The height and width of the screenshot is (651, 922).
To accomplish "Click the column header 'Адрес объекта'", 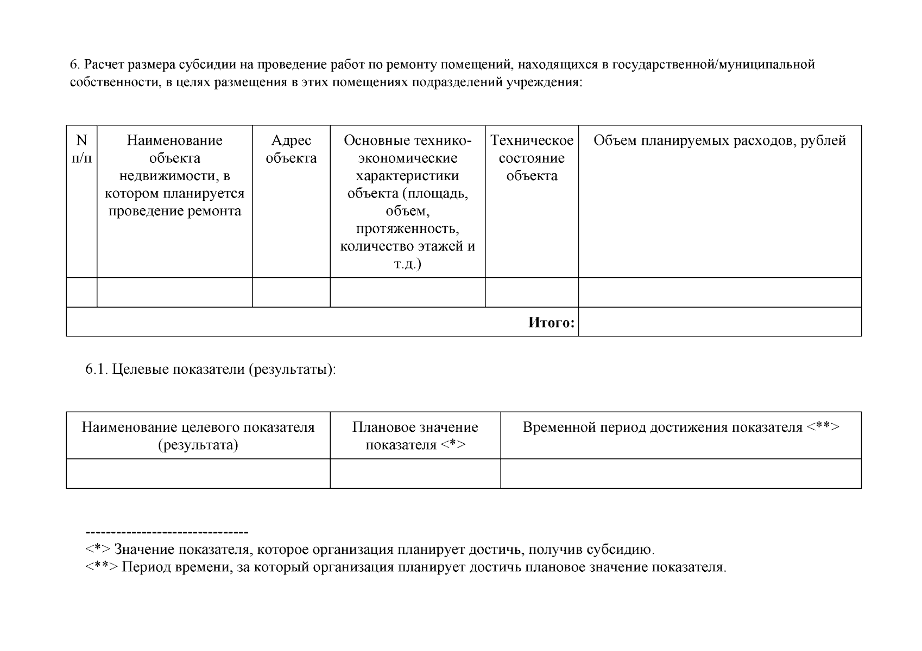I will point(291,149).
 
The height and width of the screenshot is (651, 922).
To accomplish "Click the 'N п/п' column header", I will point(81,149).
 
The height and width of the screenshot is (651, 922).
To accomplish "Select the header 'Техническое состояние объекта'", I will point(532,158).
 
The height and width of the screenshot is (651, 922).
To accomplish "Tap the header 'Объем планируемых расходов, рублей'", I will point(719,141).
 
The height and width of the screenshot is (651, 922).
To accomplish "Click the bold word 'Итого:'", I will point(551,323).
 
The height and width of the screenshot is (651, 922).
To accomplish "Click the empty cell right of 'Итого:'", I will point(719,322).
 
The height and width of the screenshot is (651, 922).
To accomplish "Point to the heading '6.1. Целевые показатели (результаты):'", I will point(211,369).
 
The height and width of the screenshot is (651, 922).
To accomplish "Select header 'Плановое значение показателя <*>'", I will point(415,436).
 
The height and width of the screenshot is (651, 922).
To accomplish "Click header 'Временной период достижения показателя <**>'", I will point(681,427).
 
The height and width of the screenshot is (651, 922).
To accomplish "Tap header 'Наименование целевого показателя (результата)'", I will point(198,436).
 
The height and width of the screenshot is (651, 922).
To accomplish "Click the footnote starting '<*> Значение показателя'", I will point(370,550).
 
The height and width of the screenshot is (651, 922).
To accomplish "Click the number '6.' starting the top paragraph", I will point(75,65).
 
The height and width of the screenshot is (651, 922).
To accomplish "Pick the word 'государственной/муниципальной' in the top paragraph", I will point(713,65).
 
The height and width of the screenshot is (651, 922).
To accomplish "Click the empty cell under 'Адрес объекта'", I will point(291,292).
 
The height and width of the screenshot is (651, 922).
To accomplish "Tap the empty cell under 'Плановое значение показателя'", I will point(415,474).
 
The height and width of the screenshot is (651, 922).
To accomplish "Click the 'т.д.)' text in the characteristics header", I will point(407,264).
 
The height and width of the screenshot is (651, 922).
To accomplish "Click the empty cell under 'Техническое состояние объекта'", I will point(532,292).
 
